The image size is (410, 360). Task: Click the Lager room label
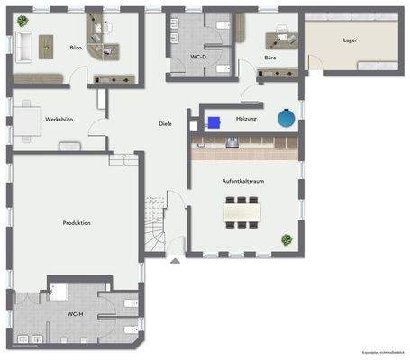[x=350, y=40]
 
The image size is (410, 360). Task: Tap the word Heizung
[x=248, y=118]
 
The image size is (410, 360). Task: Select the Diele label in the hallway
[x=165, y=123]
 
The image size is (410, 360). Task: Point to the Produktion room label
[x=76, y=222]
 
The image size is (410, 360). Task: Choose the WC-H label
[x=76, y=314]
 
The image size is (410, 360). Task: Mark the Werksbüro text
[x=59, y=119]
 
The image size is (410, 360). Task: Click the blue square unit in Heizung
[x=214, y=120]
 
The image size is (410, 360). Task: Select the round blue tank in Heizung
[x=285, y=117]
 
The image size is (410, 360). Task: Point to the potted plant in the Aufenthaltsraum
[x=287, y=239]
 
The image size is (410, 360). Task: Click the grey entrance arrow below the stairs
[x=173, y=261]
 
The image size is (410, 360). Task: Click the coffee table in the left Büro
[x=45, y=44]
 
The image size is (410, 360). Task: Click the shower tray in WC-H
[x=60, y=292]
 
